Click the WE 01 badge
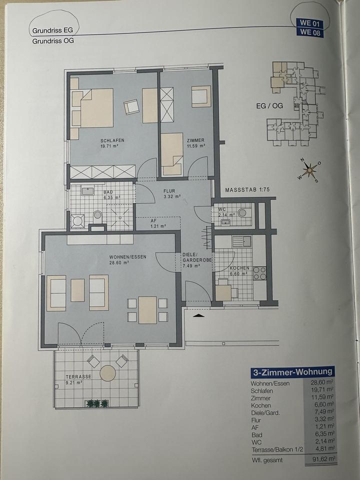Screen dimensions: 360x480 pyautogui.click(x=309, y=23)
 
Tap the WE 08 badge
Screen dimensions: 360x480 pyautogui.click(x=310, y=32)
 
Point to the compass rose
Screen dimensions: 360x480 pyautogui.click(x=310, y=170)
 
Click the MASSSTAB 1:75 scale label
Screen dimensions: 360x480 pyautogui.click(x=247, y=190)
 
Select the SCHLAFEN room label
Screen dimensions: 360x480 pyautogui.click(x=112, y=140)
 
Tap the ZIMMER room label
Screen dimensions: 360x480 pyautogui.click(x=195, y=140)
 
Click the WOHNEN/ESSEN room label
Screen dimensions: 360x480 pyautogui.click(x=128, y=257)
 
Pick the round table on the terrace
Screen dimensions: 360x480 pyautogui.click(x=108, y=373)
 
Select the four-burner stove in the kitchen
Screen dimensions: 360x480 pyautogui.click(x=259, y=273)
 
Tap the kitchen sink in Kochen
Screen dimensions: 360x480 pyautogui.click(x=241, y=241)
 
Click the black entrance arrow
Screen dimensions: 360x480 pyautogui.click(x=198, y=315)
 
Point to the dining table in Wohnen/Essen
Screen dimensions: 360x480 pyautogui.click(x=147, y=310)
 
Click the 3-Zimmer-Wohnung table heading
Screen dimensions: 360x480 pyautogui.click(x=292, y=372)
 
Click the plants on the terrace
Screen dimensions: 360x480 pyautogui.click(x=96, y=403)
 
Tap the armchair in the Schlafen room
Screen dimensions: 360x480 pyautogui.click(x=131, y=107)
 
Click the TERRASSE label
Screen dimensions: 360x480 pyautogui.click(x=78, y=376)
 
